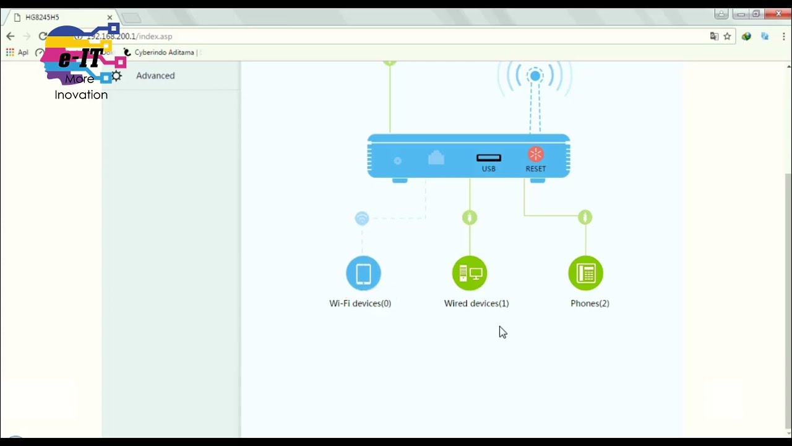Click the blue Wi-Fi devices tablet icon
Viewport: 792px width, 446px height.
[363, 273]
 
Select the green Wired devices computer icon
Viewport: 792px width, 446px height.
[470, 273]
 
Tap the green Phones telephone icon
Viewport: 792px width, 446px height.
[585, 273]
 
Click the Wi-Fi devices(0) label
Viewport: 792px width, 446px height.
[360, 304]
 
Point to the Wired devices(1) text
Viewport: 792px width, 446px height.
[476, 304]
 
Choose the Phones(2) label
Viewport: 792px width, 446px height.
[590, 304]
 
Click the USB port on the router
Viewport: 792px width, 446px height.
[489, 159]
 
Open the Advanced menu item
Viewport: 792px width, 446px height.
[155, 76]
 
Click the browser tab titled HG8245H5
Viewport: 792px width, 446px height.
[56, 17]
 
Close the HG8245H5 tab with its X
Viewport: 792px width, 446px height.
[110, 17]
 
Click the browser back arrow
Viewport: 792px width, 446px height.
[10, 37]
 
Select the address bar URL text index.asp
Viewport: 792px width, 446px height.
[155, 37]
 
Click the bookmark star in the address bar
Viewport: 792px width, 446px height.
[727, 37]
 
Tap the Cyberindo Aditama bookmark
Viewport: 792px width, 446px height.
[165, 53]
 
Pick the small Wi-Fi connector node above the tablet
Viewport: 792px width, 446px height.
[362, 218]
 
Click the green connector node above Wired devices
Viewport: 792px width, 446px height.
[470, 217]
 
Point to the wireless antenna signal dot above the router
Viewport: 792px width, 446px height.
[535, 76]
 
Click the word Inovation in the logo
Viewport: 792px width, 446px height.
[81, 95]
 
